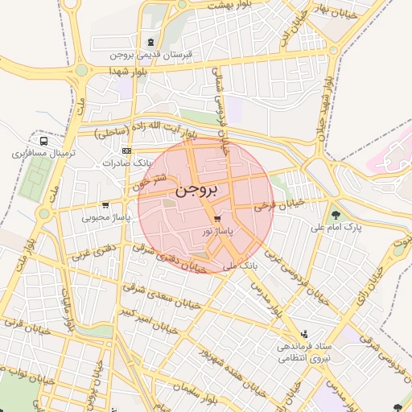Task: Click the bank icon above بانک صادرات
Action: pyautogui.click(x=126, y=150)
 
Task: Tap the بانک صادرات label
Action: pyautogui.click(x=126, y=163)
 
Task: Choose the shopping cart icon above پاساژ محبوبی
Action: pyautogui.click(x=106, y=204)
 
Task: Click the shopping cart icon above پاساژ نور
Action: pyautogui.click(x=216, y=219)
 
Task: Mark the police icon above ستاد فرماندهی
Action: pyautogui.click(x=303, y=333)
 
